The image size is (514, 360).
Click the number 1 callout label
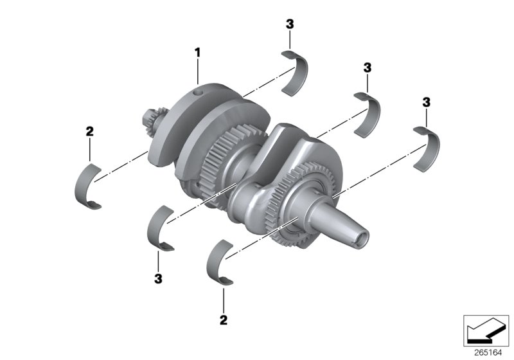click(x=199, y=51)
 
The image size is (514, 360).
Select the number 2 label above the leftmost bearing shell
click(x=89, y=132)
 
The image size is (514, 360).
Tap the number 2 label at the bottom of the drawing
click(x=224, y=318)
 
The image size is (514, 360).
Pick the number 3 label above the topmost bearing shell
click(x=290, y=24)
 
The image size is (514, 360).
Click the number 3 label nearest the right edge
click(x=426, y=102)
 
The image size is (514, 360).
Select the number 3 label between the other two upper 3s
click(x=367, y=67)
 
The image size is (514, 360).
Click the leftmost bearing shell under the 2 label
click(x=88, y=187)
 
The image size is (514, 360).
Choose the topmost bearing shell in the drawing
click(x=297, y=71)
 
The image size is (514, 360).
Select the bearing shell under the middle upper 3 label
click(x=369, y=114)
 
